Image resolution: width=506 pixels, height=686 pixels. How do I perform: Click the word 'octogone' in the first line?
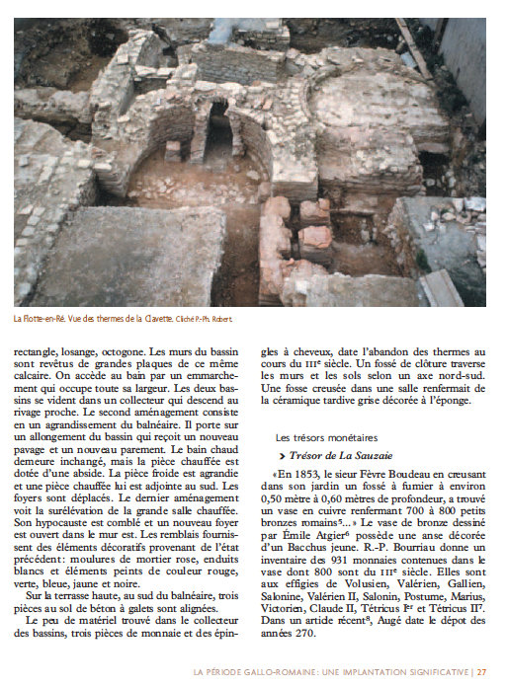143,348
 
